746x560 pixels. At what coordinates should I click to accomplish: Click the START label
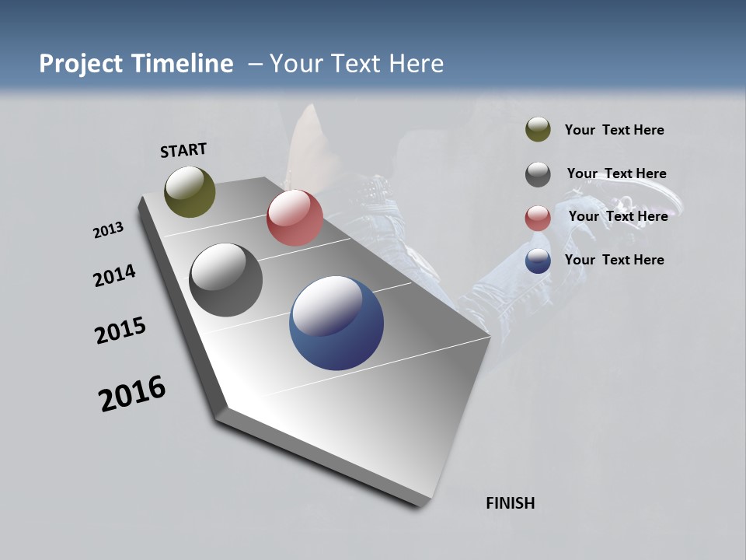point(183,150)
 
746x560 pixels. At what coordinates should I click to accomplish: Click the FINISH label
point(511,503)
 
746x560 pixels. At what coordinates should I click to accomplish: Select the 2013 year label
point(108,230)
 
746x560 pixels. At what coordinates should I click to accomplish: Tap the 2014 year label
point(114,275)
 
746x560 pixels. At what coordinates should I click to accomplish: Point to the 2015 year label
point(120,331)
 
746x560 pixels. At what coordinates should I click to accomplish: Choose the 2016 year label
point(132,394)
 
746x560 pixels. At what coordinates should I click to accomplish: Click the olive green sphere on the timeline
point(190,191)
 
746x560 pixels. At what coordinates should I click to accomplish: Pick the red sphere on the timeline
point(295,218)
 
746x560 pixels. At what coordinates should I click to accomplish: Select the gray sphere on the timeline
point(225,280)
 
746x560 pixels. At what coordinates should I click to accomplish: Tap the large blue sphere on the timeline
point(336,323)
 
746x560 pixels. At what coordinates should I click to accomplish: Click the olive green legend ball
point(538,129)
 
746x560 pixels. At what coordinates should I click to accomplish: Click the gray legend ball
point(538,174)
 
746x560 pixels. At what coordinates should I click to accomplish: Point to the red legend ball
point(538,218)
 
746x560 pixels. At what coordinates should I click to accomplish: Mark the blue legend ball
point(538,261)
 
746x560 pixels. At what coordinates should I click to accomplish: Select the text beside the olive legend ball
point(614,130)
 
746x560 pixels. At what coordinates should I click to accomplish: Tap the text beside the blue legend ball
point(614,260)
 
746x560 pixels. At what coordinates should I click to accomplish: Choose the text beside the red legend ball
point(618,216)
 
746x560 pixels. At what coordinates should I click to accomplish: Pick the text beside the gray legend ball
point(616,173)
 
